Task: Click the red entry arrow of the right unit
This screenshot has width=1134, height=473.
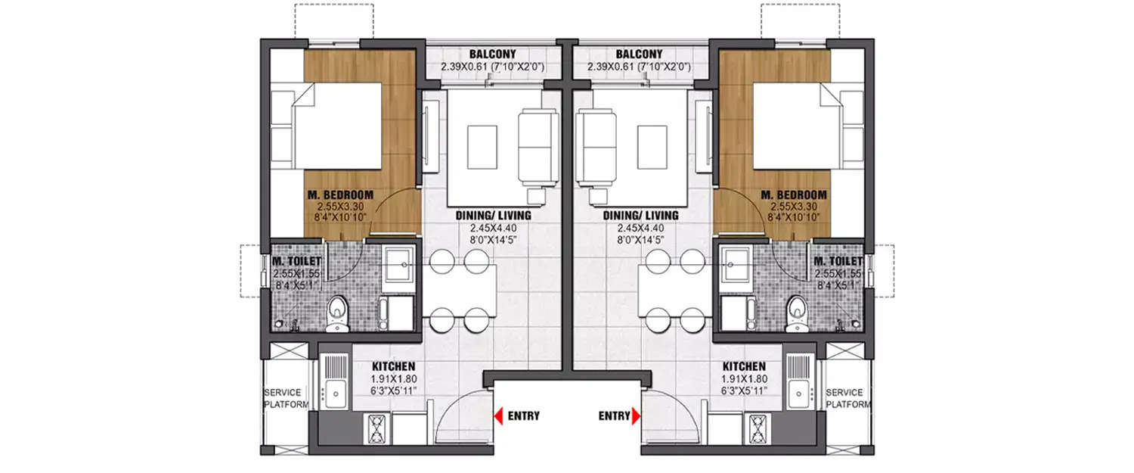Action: (x=637, y=415)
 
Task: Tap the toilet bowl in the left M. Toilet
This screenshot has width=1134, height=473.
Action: (x=338, y=311)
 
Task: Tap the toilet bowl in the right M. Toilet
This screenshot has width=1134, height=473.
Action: (x=795, y=311)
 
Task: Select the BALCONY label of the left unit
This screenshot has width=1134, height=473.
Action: (x=492, y=54)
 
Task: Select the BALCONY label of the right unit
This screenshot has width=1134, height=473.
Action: (x=639, y=54)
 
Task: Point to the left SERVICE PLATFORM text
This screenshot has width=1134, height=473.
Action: (x=287, y=398)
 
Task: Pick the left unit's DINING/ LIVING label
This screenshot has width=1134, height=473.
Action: (x=493, y=215)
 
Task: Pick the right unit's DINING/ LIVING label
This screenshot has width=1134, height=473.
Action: (x=640, y=215)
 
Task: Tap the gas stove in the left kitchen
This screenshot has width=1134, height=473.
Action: (x=374, y=431)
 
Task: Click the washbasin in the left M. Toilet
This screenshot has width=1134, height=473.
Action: (x=398, y=265)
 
